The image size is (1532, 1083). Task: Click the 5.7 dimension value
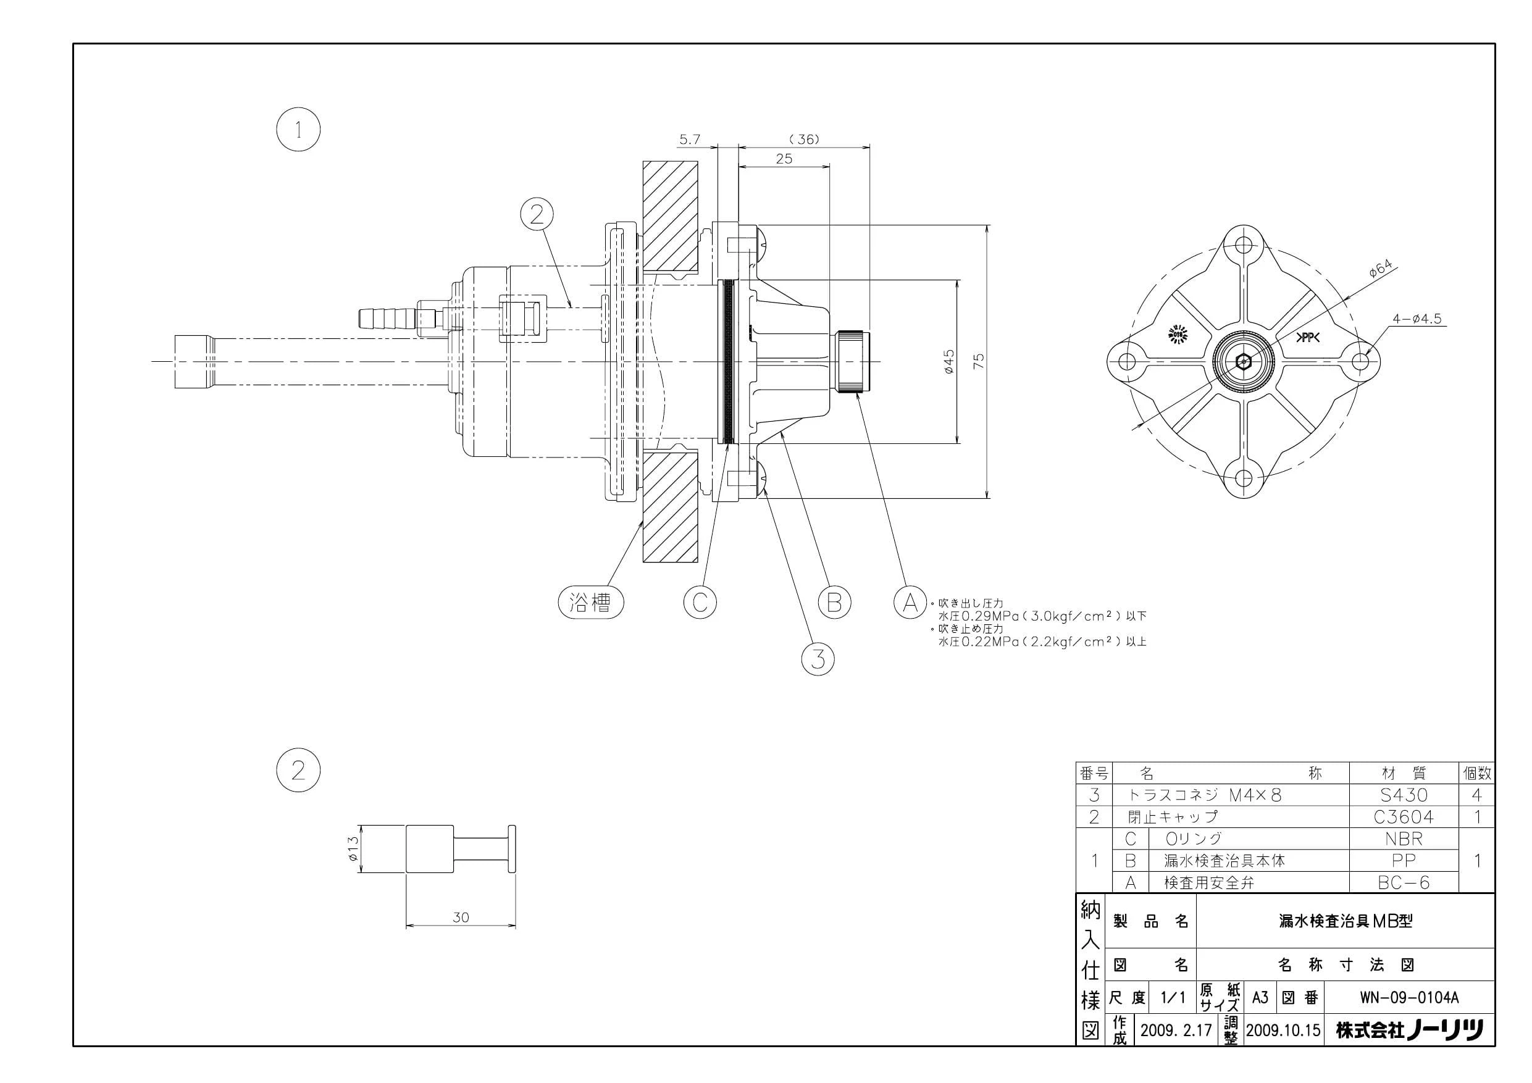click(x=690, y=140)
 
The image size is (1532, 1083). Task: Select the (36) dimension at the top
click(x=803, y=140)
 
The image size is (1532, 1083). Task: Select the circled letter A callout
click(x=910, y=603)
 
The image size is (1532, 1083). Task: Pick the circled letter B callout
click(x=834, y=603)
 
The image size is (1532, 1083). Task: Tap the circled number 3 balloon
click(x=818, y=659)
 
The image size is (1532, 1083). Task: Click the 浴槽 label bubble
click(x=590, y=603)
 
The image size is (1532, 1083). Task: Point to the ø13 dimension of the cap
click(x=353, y=848)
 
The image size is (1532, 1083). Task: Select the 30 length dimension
click(x=461, y=917)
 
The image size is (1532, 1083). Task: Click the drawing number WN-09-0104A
click(x=1409, y=998)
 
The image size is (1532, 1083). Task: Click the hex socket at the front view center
click(x=1243, y=362)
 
